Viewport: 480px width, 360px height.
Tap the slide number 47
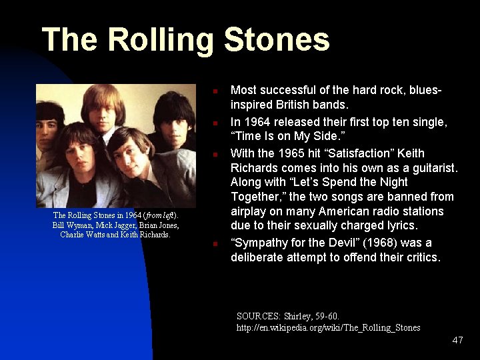click(457, 340)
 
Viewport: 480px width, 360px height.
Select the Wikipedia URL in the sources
click(328, 327)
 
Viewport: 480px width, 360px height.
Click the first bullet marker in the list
click(216, 90)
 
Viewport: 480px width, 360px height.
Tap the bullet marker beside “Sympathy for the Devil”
click(216, 244)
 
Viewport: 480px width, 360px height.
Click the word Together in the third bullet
click(257, 197)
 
